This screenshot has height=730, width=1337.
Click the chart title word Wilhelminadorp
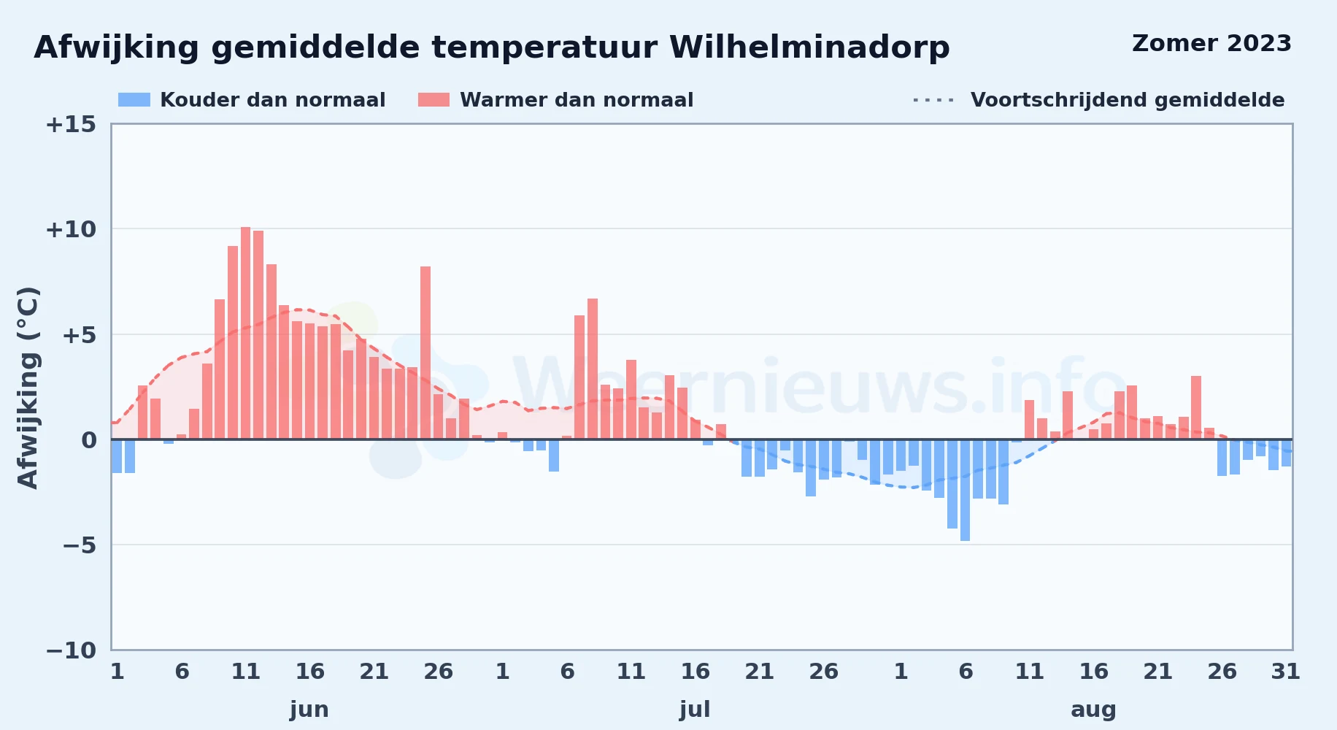(809, 47)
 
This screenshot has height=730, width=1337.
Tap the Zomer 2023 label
(1211, 43)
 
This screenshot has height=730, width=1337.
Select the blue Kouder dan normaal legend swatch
(134, 99)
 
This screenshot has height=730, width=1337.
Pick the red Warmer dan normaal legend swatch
(434, 99)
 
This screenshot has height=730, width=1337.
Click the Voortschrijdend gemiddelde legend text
(1128, 100)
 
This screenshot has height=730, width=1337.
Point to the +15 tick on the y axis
(71, 124)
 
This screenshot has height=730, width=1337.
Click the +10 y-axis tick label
(71, 229)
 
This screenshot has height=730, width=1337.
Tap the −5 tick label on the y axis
(79, 545)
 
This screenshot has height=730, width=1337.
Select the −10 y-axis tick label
(71, 650)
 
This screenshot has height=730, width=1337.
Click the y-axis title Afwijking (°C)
(28, 387)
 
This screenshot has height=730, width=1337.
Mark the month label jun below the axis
(309, 710)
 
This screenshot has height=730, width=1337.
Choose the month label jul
(695, 710)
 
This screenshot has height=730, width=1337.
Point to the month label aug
(1093, 710)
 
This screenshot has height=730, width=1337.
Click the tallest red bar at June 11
(245, 333)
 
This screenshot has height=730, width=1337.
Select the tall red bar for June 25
(425, 353)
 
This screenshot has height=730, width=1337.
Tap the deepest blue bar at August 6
(965, 490)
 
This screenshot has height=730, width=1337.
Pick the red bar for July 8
(593, 369)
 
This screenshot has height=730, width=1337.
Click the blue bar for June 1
(117, 456)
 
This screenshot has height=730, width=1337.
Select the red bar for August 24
(1196, 407)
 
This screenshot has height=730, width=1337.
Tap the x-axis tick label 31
(1286, 671)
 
